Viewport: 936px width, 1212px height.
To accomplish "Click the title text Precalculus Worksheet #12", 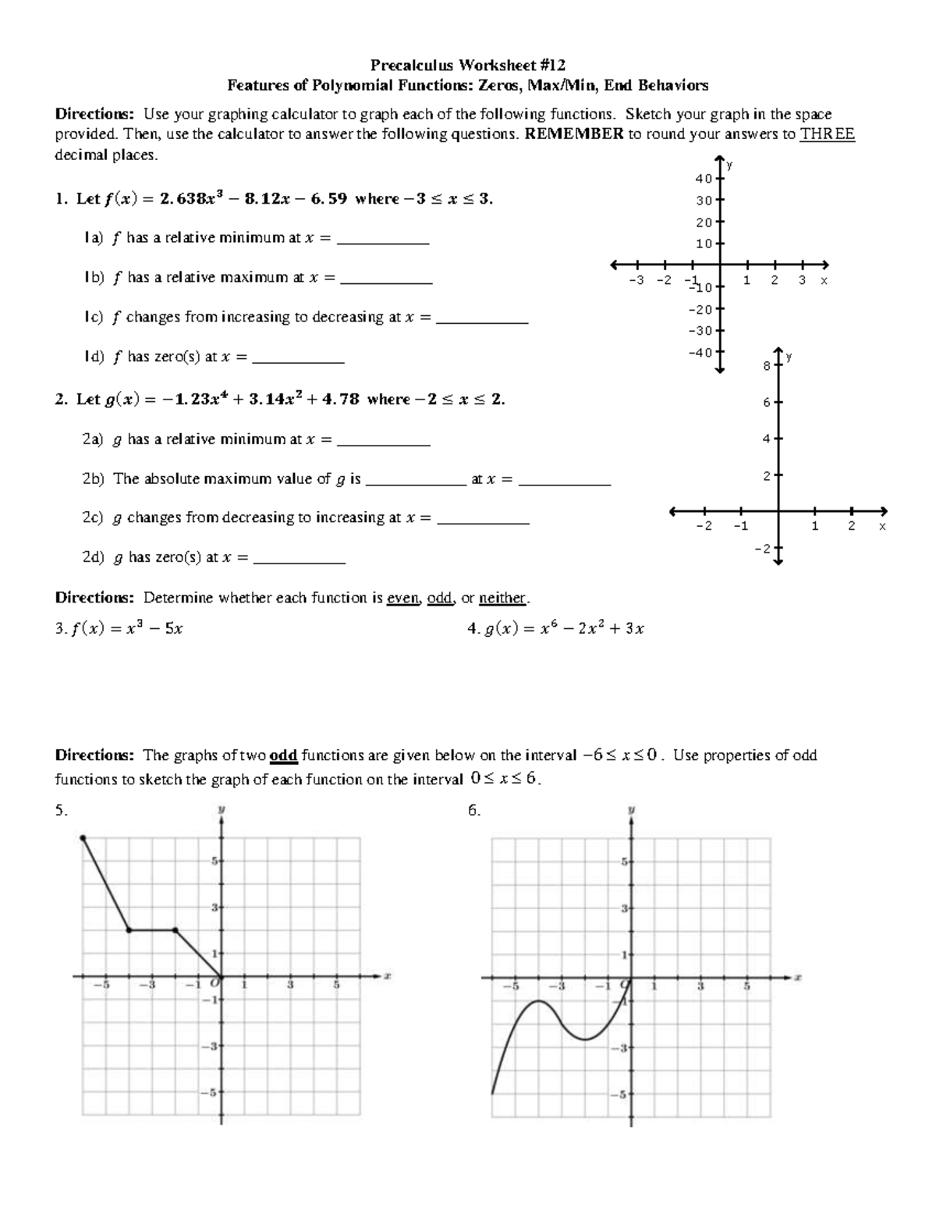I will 467,64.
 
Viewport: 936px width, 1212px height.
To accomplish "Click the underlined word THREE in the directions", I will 828,133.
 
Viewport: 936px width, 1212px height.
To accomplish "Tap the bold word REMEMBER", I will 574,133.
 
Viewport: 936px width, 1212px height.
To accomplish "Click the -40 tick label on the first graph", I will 700,352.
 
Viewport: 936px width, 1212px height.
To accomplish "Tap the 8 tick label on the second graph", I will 766,365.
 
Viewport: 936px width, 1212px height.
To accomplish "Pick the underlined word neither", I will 502,598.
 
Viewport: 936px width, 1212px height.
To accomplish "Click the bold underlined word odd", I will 283,755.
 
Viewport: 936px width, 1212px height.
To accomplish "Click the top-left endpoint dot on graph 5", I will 83,838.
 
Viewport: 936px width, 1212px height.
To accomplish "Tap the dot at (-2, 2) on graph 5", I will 175,930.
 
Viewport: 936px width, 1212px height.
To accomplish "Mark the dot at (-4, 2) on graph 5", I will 129,930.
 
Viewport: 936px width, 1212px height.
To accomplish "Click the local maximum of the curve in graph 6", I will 537,1001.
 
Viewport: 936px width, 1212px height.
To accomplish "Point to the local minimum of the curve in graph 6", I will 584,1039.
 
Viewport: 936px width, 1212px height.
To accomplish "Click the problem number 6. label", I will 473,810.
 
